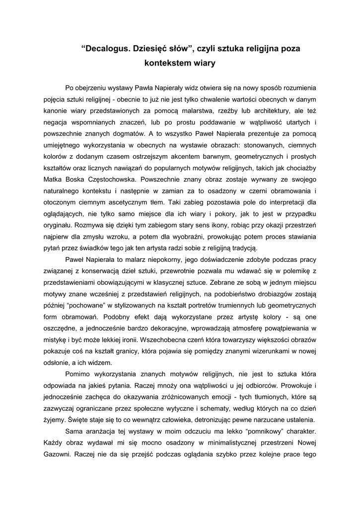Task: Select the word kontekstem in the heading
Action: (x=166, y=63)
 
